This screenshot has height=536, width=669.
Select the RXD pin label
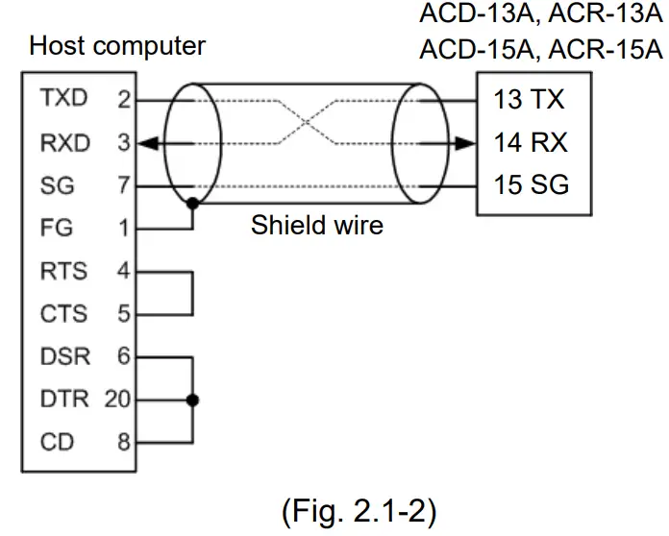pos(63,143)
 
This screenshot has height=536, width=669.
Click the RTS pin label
pos(62,272)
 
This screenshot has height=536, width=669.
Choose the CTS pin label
pos(62,314)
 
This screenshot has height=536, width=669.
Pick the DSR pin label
pos(64,357)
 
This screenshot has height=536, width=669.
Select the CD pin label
pos(52,443)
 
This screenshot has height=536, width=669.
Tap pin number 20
pos(118,400)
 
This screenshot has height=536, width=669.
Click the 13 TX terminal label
pos(529,99)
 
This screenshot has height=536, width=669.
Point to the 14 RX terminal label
pos(531,143)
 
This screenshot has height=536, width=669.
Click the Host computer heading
pos(117,45)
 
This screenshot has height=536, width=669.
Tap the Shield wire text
pos(316,226)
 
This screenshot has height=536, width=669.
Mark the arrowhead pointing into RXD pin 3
pos(145,144)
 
